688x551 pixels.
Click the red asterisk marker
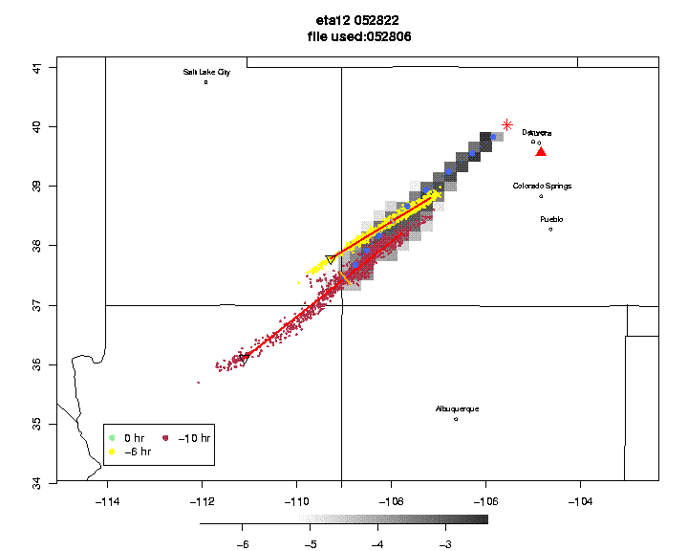point(507,124)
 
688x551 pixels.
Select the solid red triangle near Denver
point(541,151)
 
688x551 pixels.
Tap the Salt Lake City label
point(206,72)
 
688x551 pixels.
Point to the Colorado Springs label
point(542,186)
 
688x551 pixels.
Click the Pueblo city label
point(551,219)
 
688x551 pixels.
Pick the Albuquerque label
point(457,408)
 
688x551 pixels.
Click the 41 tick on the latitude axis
point(37,67)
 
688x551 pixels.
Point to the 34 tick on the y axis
point(37,482)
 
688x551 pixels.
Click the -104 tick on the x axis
point(578,500)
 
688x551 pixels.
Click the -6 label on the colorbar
point(242,543)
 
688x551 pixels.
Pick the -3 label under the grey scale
point(444,543)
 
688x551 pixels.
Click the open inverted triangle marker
point(331,259)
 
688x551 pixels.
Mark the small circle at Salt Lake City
point(206,82)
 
